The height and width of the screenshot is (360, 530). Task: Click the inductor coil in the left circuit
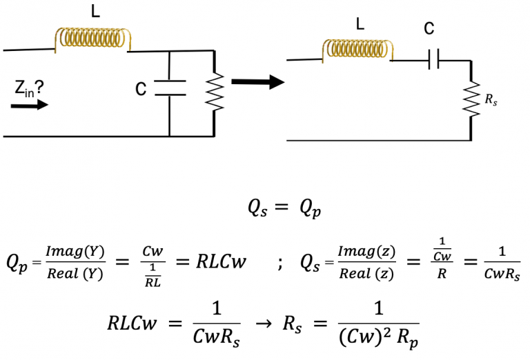tap(91, 39)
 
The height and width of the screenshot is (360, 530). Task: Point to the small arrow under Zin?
tap(30, 105)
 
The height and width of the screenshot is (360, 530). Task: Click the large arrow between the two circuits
tap(257, 82)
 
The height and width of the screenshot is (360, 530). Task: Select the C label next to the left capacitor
tap(141, 89)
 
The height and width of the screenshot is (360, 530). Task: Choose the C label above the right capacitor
tap(429, 28)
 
